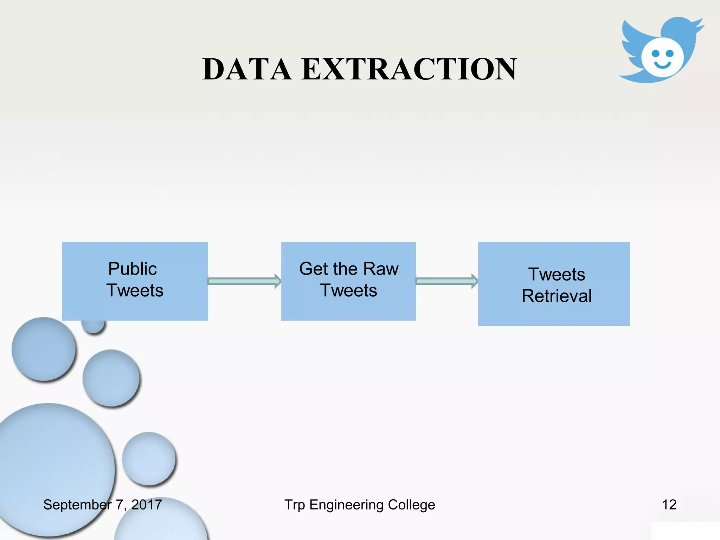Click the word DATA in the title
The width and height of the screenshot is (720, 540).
(247, 69)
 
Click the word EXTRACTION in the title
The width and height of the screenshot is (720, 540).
(409, 69)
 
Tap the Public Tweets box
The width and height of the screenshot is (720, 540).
(135, 281)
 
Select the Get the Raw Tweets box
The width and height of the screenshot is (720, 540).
(348, 281)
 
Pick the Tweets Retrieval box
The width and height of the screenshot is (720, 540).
(554, 284)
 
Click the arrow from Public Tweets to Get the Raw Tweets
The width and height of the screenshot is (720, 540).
(244, 281)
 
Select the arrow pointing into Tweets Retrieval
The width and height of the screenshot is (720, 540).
(447, 281)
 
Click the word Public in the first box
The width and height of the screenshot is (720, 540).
(133, 269)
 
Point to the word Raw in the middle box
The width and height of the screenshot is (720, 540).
(381, 269)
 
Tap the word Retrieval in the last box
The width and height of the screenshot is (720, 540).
(557, 296)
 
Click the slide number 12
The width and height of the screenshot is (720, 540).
(669, 505)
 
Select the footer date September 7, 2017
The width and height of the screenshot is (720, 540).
(102, 505)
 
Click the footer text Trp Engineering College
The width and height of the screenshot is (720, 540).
(360, 505)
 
